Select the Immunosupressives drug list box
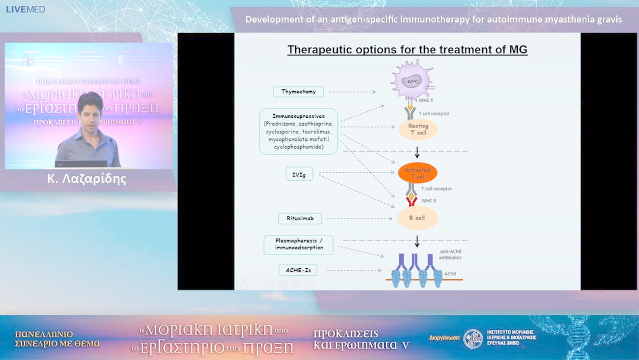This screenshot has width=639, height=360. point(299,131)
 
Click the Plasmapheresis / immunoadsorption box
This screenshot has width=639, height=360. point(299,244)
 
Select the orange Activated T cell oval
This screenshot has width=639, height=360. point(418,173)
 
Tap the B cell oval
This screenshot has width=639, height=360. point(418,218)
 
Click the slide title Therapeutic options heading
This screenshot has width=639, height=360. point(407,50)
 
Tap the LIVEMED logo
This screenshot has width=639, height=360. point(25,9)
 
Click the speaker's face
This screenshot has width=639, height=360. point(89,112)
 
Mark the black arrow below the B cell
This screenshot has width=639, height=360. point(418,240)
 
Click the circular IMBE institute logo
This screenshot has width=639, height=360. point(473,339)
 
